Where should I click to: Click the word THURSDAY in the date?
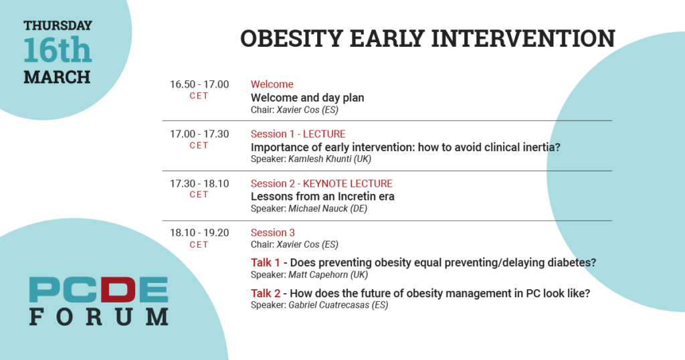58,26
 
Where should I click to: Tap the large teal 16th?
58,50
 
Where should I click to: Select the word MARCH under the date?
58,78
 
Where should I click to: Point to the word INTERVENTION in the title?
523,38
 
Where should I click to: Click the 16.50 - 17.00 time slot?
199,84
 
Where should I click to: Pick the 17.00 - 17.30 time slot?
199,134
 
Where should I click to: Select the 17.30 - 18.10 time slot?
199,183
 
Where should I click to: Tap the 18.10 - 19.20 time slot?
199,233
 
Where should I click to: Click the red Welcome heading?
272,84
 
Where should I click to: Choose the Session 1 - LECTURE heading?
298,134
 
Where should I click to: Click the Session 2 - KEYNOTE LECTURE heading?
322,183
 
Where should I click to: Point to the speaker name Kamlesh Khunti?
320,159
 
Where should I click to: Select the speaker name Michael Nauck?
318,208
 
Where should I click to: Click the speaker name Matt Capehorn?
318,275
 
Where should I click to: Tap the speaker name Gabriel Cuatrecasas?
329,305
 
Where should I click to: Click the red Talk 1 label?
265,262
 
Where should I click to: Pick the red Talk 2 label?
266,293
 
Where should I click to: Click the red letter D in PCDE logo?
118,290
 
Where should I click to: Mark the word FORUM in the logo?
99,317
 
